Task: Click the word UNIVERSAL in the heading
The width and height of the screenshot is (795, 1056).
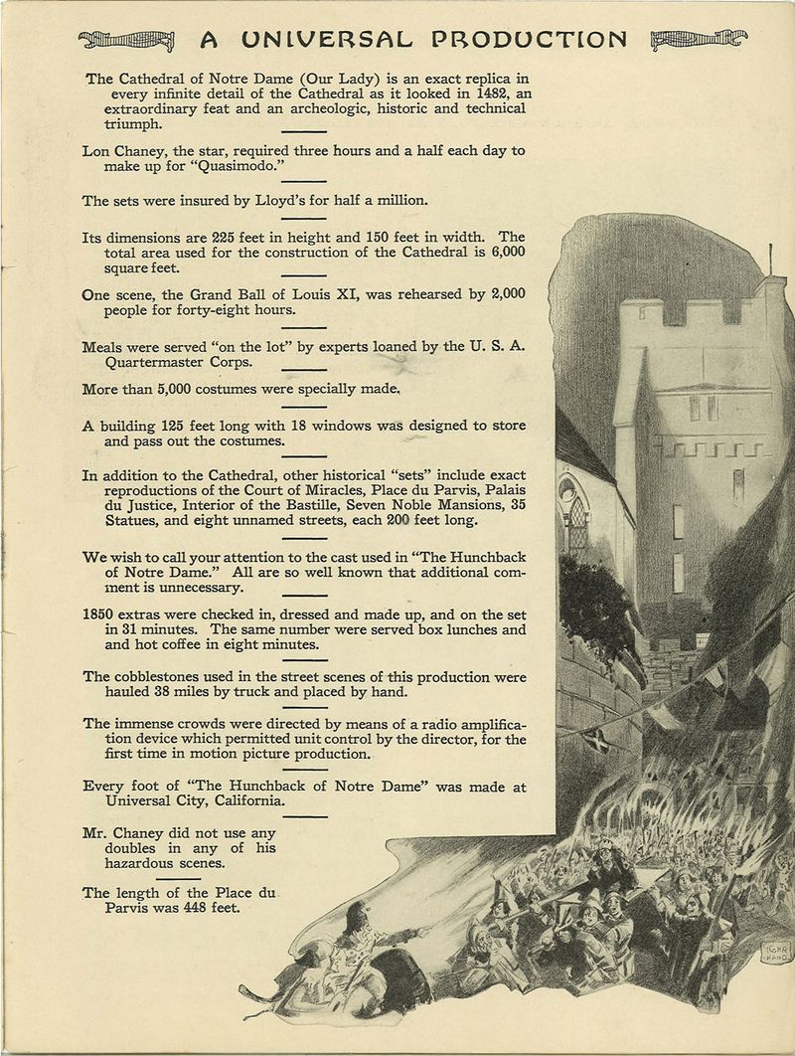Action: [x=322, y=40]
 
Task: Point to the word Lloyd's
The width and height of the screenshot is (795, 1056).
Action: [x=302, y=200]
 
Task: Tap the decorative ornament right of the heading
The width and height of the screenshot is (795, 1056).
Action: [x=696, y=41]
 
